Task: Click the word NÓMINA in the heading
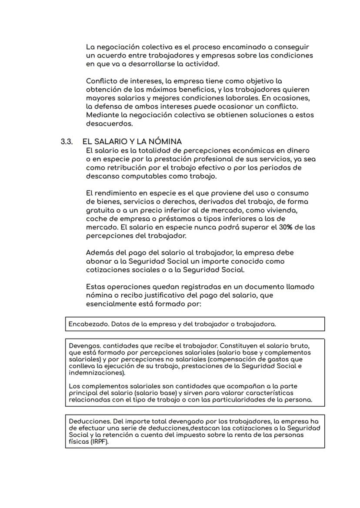click(x=165, y=142)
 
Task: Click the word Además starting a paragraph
click(x=100, y=252)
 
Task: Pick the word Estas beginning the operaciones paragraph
click(x=96, y=287)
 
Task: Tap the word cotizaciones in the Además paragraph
click(x=107, y=270)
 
